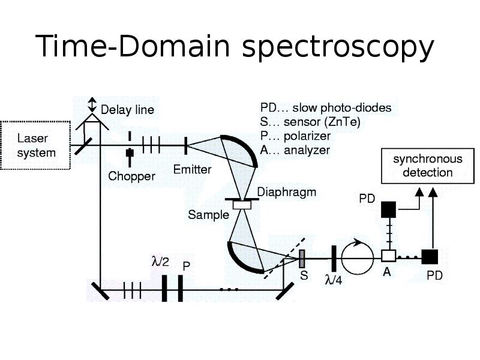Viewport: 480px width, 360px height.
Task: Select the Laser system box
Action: [36, 146]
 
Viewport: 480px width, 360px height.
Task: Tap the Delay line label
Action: [127, 110]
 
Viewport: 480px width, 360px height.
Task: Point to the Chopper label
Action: [131, 176]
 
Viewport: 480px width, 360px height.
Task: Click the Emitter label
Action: [192, 169]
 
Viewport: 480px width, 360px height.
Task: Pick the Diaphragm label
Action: [286, 193]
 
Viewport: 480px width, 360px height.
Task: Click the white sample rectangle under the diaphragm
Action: [242, 205]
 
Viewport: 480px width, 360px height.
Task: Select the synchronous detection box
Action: [427, 166]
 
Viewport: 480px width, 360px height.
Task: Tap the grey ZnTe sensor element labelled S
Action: [302, 259]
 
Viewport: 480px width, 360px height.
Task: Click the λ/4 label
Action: [334, 279]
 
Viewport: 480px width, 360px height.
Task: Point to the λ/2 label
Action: [160, 262]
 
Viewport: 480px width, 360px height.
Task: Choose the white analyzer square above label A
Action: [388, 257]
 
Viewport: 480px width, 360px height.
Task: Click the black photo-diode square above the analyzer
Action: [388, 209]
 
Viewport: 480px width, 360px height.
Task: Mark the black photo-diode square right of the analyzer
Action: [430, 257]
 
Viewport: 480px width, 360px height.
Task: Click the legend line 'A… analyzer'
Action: [295, 150]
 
